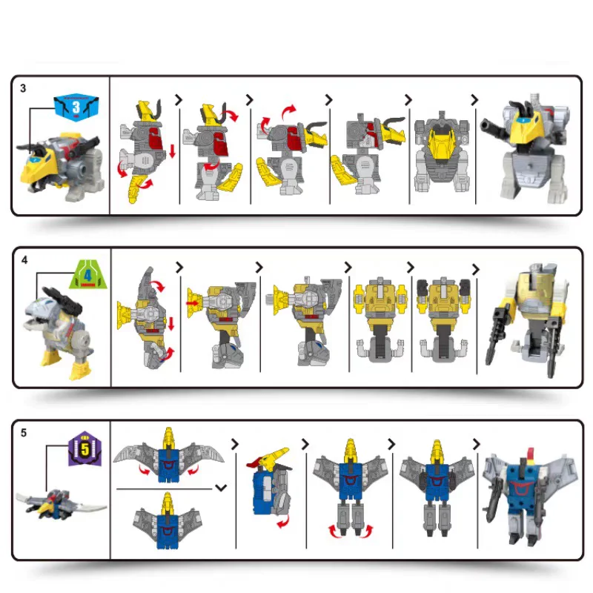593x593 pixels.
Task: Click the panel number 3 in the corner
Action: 23,88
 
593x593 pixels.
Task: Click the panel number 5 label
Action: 24,432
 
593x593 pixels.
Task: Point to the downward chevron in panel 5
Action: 220,488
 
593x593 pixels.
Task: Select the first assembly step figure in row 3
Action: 145,152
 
